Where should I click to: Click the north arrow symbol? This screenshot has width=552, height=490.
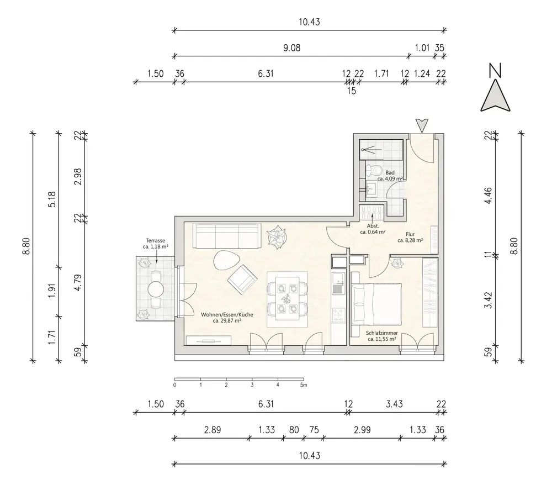pyautogui.click(x=495, y=95)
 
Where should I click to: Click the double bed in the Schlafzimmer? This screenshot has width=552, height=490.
pyautogui.click(x=376, y=304)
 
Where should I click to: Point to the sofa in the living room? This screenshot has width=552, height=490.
pyautogui.click(x=227, y=236)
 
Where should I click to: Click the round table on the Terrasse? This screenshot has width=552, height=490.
pyautogui.click(x=156, y=289)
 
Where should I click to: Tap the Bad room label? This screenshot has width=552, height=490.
pyautogui.click(x=390, y=172)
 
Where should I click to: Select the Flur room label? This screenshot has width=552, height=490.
pyautogui.click(x=410, y=234)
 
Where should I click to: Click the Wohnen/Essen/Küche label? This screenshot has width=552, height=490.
pyautogui.click(x=227, y=314)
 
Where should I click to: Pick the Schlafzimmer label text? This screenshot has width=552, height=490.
pyautogui.click(x=382, y=333)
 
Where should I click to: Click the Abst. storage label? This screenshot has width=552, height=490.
pyautogui.click(x=373, y=226)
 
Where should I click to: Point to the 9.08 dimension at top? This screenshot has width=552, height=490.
pyautogui.click(x=292, y=48)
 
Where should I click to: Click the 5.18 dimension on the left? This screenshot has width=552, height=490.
pyautogui.click(x=52, y=199)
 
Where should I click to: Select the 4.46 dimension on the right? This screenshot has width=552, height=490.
pyautogui.click(x=489, y=196)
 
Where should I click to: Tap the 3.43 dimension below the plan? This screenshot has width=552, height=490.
pyautogui.click(x=394, y=404)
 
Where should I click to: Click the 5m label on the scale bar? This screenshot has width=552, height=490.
pyautogui.click(x=304, y=385)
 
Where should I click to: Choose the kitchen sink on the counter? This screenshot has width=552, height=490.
pyautogui.click(x=338, y=283)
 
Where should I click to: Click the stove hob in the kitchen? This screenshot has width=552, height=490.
pyautogui.click(x=338, y=315)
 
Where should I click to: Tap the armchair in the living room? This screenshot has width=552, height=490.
pyautogui.click(x=242, y=280)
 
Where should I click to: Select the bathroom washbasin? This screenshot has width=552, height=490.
pyautogui.click(x=370, y=189)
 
